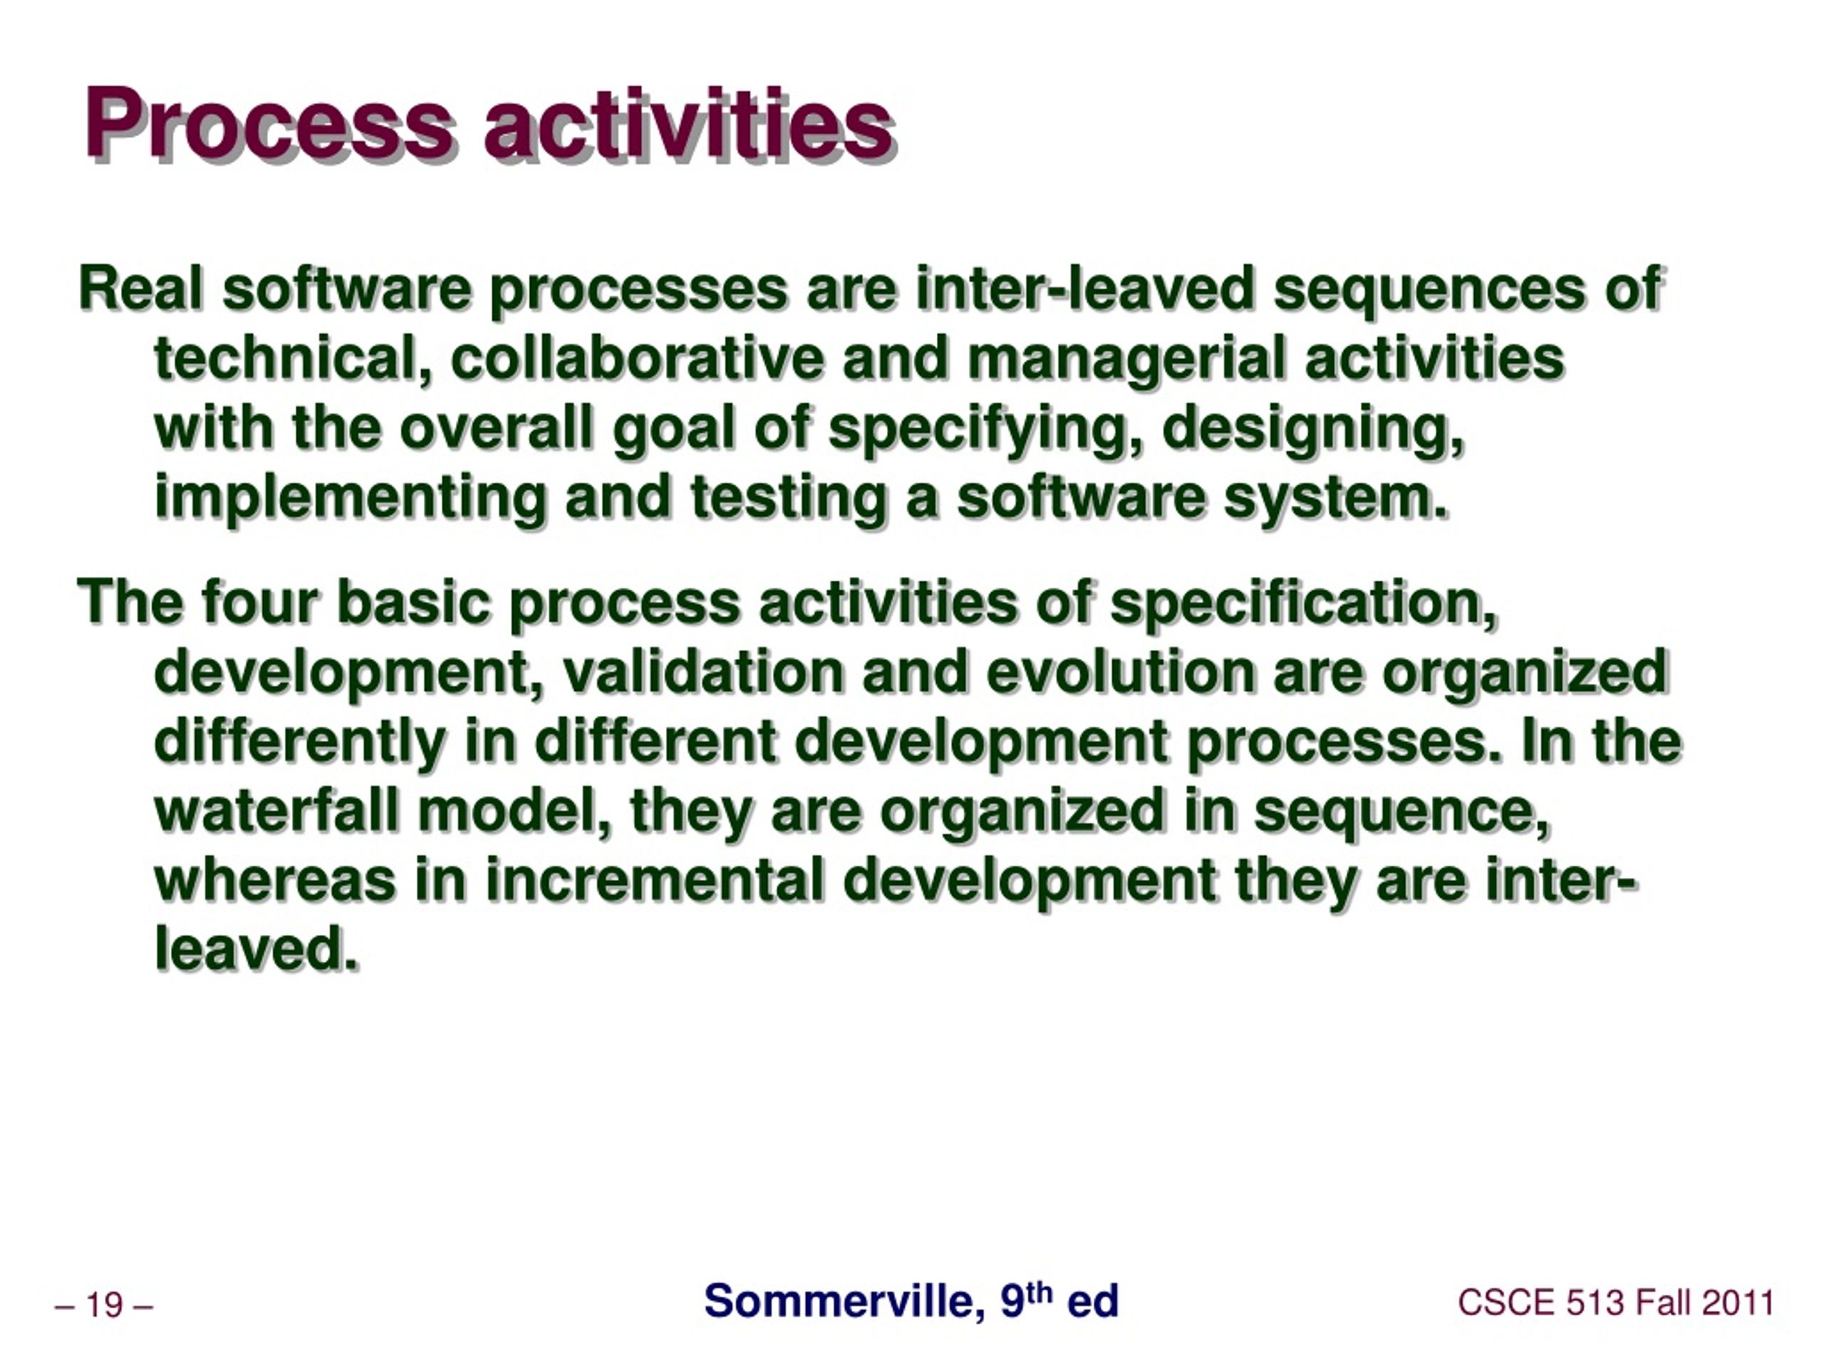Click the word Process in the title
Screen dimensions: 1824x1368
(269, 125)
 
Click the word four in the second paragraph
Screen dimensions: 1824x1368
(259, 601)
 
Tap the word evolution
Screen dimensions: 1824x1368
(1119, 671)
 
